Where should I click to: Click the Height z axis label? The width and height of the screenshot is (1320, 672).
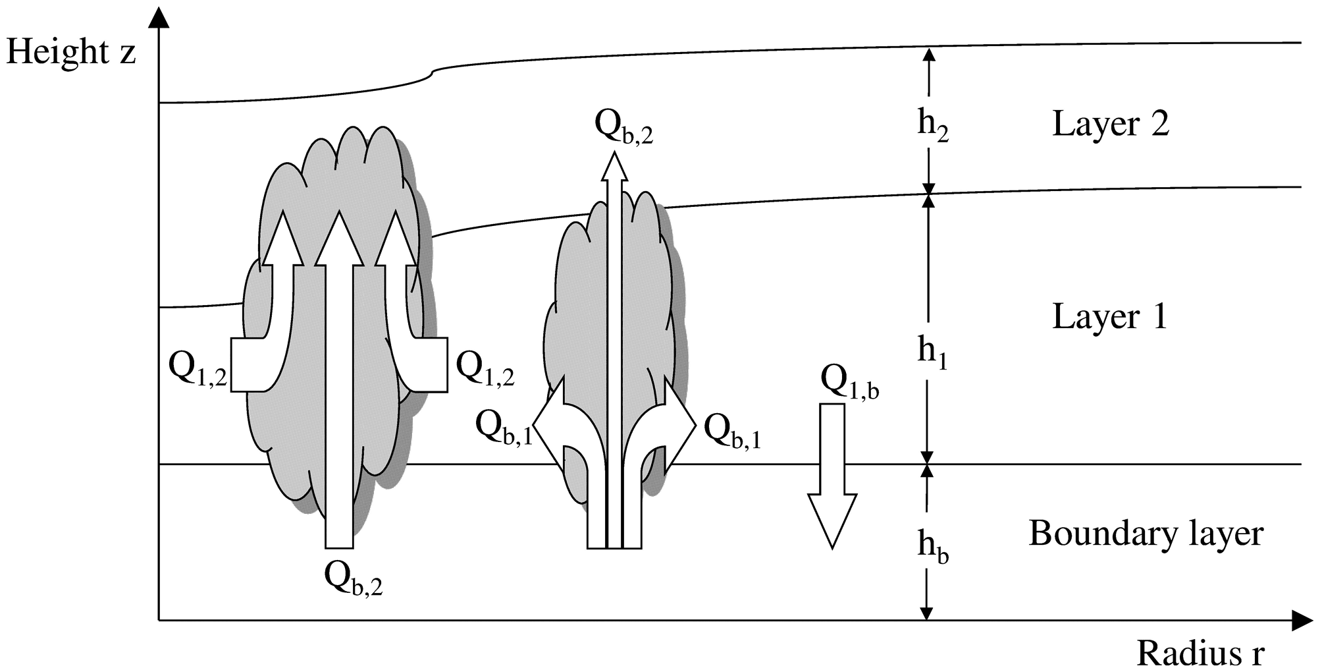coord(71,52)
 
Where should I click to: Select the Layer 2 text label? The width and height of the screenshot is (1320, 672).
coord(1111,124)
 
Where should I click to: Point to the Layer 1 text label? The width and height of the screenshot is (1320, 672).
coord(1110,316)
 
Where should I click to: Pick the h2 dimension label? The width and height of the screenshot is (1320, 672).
coord(933,126)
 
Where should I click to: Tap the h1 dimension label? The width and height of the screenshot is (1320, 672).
coord(932,354)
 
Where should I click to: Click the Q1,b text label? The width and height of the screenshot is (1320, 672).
coord(849,382)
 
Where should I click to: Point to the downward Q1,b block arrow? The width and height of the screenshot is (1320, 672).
coord(832,476)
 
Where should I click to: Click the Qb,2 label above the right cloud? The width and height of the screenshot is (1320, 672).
coord(623,126)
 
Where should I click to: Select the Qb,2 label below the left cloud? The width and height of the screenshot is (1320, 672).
coord(354,578)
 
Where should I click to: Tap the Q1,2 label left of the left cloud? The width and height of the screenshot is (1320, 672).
coord(198,368)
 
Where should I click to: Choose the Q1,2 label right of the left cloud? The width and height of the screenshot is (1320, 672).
coord(485,368)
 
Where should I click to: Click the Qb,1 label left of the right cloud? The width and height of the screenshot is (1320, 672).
coord(504,430)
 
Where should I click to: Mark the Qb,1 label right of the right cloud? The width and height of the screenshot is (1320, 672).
coord(733,430)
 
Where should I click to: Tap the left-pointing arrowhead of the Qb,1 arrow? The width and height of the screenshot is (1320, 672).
coord(548,426)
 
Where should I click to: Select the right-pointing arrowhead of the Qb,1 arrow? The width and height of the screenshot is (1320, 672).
coord(681,426)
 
